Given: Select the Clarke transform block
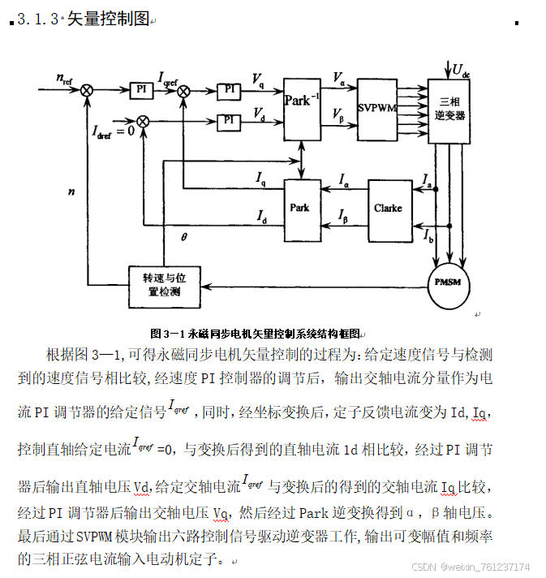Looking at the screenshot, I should tap(388, 209).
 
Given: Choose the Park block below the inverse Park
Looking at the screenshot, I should tap(301, 209).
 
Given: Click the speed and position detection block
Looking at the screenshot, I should tap(164, 286).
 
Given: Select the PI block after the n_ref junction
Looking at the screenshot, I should tap(141, 88).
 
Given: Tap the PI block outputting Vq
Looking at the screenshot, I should tap(231, 88).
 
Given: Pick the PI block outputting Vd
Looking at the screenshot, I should tap(231, 121).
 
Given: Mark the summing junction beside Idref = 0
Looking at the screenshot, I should tap(143, 122).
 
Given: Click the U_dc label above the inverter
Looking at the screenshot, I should tap(461, 70).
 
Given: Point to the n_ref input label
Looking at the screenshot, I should tap(64, 79).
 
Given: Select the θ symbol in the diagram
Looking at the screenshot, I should tap(183, 237).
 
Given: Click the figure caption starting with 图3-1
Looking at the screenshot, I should tap(255, 333).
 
